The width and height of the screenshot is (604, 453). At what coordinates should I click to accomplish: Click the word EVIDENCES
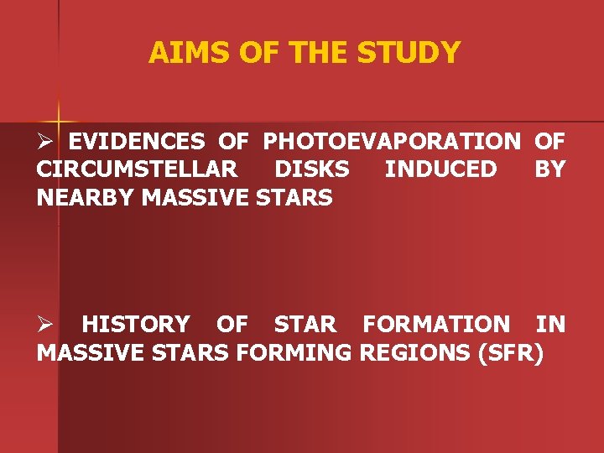pyautogui.click(x=137, y=141)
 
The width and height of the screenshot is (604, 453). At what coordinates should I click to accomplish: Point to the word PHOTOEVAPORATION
pyautogui.click(x=392, y=141)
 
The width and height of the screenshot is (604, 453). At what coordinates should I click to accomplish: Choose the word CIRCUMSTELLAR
pyautogui.click(x=137, y=169)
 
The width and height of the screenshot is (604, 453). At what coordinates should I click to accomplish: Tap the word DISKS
pyautogui.click(x=312, y=169)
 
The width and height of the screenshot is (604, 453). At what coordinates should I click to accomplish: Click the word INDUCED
pyautogui.click(x=440, y=169)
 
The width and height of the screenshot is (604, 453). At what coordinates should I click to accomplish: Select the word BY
pyautogui.click(x=549, y=169)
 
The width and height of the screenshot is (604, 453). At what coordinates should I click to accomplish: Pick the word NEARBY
pyautogui.click(x=87, y=198)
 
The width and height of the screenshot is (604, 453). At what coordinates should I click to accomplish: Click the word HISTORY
pyautogui.click(x=136, y=324)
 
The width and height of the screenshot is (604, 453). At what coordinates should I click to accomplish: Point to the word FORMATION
pyautogui.click(x=435, y=324)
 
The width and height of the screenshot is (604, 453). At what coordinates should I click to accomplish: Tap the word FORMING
pyautogui.click(x=294, y=352)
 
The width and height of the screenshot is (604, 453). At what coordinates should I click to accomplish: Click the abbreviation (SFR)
pyautogui.click(x=510, y=352)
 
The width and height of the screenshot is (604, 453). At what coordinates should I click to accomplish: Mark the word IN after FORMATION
pyautogui.click(x=550, y=324)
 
